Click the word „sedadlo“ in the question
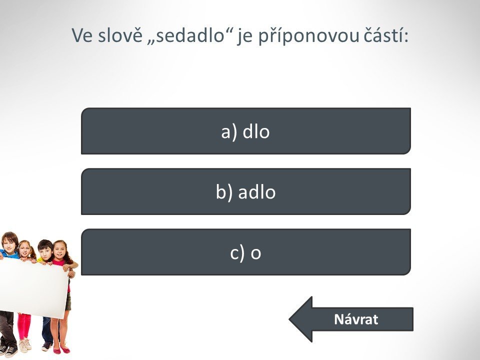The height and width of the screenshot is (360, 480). tap(190, 35)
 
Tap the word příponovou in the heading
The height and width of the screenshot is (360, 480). tap(308, 36)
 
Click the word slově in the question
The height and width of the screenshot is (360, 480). tap(120, 35)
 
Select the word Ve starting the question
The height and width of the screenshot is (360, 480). tap(82, 35)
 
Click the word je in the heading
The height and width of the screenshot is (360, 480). tap(244, 36)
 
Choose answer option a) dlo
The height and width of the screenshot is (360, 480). tap(246, 131)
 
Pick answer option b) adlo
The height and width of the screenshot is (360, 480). tap(246, 191)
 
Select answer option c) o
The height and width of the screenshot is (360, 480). tap(246, 252)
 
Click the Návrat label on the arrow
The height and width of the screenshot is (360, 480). tap(356, 319)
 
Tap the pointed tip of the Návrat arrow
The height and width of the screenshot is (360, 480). tap(289, 319)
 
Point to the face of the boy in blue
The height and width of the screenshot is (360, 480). tap(9, 241)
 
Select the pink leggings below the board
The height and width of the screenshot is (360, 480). tap(24, 326)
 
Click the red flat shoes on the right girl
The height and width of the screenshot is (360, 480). tap(61, 349)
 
